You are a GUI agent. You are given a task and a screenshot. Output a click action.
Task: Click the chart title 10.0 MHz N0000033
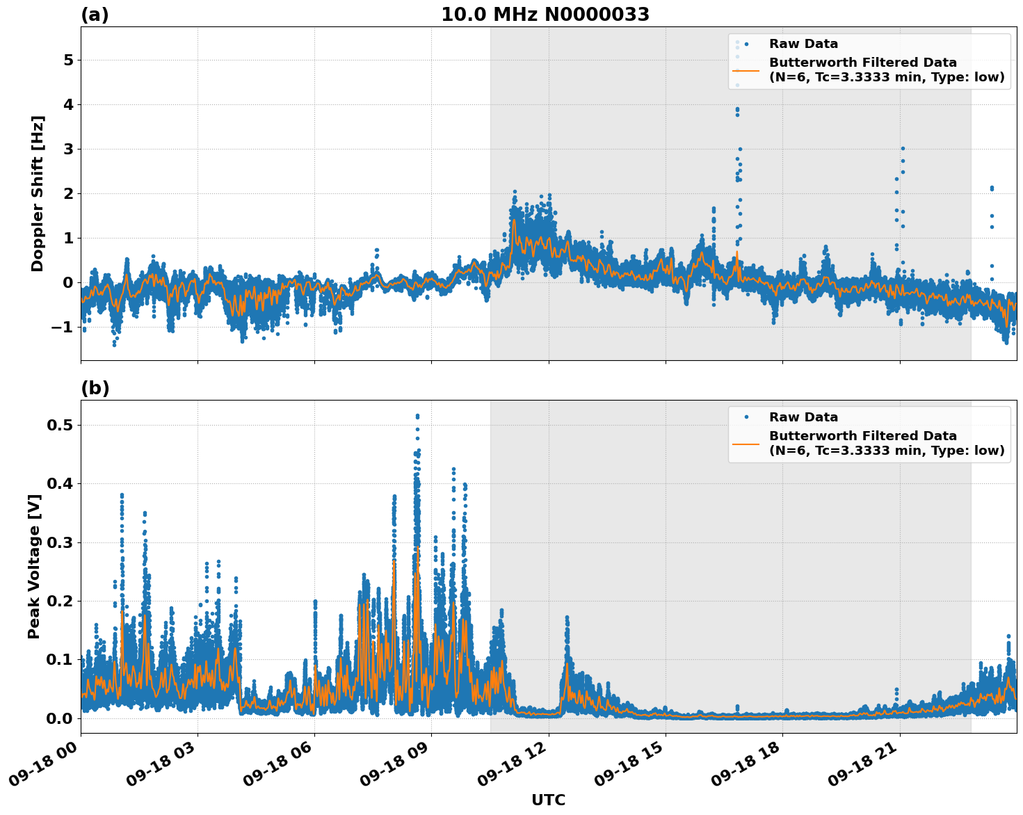pos(545,15)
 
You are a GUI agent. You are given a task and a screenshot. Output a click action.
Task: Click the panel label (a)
pos(95,15)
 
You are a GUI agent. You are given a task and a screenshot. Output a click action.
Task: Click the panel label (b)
pos(95,388)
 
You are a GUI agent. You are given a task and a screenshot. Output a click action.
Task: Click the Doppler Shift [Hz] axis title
pos(38,193)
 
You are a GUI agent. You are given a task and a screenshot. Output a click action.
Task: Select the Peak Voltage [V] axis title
pos(34,566)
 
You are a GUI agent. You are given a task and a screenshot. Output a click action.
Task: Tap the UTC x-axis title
pos(548,800)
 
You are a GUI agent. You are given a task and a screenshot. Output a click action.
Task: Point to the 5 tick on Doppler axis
pos(68,60)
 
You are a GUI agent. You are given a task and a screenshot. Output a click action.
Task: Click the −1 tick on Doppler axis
pos(63,327)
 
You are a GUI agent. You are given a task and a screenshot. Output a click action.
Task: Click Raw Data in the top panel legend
pos(803,44)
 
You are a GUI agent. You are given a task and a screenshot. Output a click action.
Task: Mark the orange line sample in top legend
pos(746,70)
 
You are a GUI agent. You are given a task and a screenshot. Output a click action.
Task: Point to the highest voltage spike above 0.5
pos(417,416)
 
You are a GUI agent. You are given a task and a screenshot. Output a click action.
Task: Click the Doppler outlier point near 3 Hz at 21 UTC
pos(903,149)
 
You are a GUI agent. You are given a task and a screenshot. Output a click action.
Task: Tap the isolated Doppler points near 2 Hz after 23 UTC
pos(992,188)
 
